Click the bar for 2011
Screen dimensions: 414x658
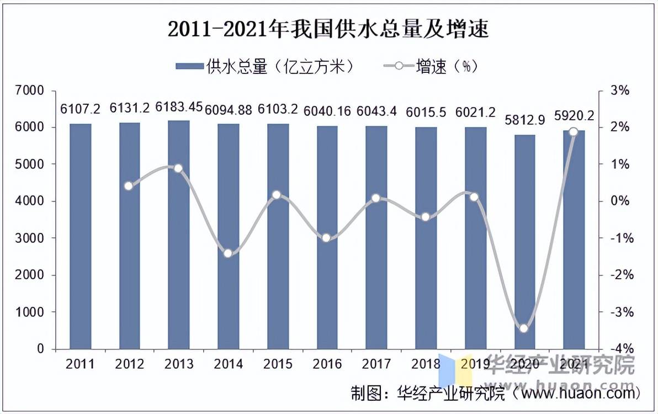(x=80, y=236)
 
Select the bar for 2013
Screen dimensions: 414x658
(x=179, y=235)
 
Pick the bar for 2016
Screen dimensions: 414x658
(x=327, y=237)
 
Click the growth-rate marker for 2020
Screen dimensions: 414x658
(x=524, y=328)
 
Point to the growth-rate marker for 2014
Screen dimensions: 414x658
(x=228, y=253)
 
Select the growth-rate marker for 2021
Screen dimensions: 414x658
(x=573, y=132)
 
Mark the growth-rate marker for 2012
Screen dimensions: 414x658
(x=129, y=186)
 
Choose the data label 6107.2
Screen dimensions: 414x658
(x=80, y=109)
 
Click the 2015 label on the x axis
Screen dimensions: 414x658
(x=278, y=364)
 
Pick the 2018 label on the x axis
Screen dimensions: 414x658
(x=426, y=364)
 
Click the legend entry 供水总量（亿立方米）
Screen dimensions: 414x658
(x=265, y=67)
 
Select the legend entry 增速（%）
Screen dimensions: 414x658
(x=431, y=67)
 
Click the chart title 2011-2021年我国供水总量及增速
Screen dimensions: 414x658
(x=328, y=29)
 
